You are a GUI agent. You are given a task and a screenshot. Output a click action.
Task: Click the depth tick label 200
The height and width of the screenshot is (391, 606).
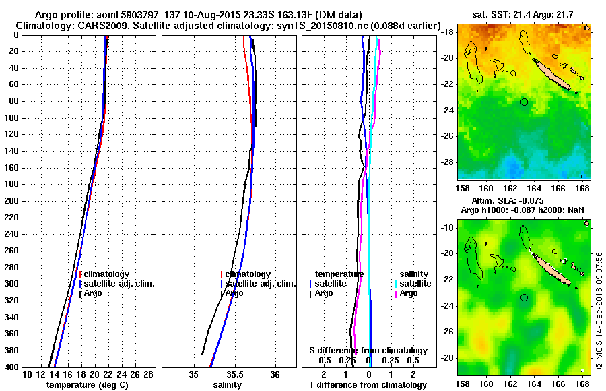tap(12, 201)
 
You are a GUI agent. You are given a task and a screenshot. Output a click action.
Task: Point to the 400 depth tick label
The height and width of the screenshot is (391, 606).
tap(12, 367)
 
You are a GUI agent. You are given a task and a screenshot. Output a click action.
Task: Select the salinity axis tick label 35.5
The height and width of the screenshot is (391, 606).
tap(234, 375)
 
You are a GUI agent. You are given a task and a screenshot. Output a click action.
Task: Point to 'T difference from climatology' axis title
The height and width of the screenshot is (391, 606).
tap(368, 385)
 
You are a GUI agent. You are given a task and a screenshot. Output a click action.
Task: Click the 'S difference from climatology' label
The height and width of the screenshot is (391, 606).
tap(368, 351)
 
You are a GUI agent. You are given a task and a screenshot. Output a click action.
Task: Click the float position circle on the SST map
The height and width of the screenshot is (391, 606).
tap(525, 102)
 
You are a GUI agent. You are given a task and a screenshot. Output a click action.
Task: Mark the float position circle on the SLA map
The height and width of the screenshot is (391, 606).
tap(525, 297)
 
